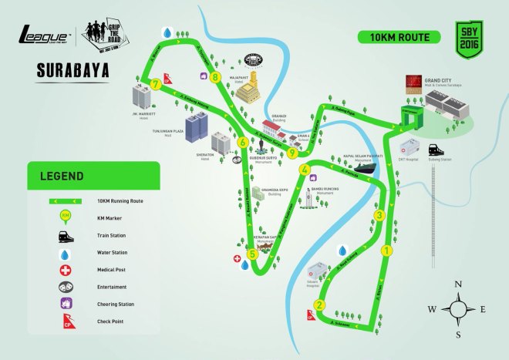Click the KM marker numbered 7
157,84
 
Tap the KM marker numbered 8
215,76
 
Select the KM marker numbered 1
386,249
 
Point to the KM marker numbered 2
319,303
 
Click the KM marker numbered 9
292,153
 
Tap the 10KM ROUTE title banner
393,36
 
